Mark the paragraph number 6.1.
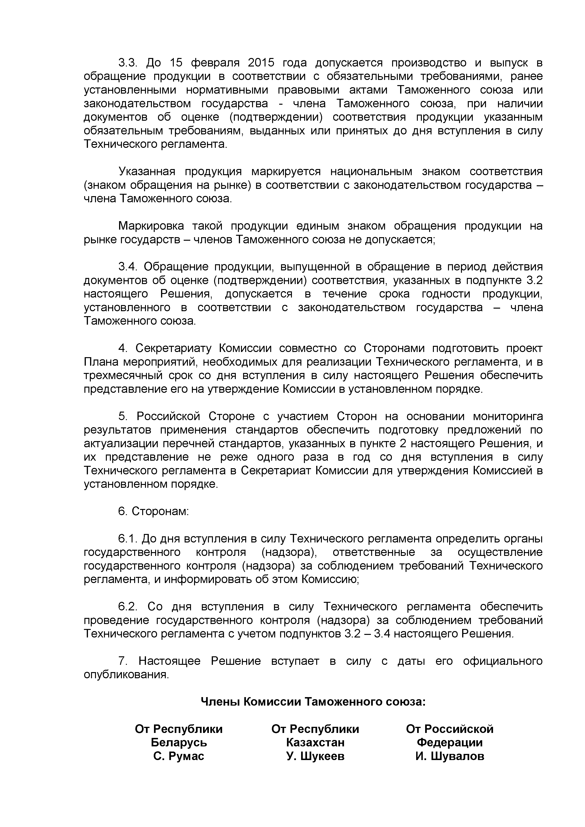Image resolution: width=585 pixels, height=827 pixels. click(x=128, y=539)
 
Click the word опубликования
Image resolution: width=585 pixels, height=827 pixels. click(x=126, y=675)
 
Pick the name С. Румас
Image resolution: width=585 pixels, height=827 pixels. click(x=179, y=756)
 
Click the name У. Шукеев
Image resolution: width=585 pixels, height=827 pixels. click(x=315, y=756)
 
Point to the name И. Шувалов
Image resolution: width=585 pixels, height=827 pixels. click(x=450, y=756)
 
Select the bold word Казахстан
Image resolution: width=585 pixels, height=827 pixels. click(x=315, y=742)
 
